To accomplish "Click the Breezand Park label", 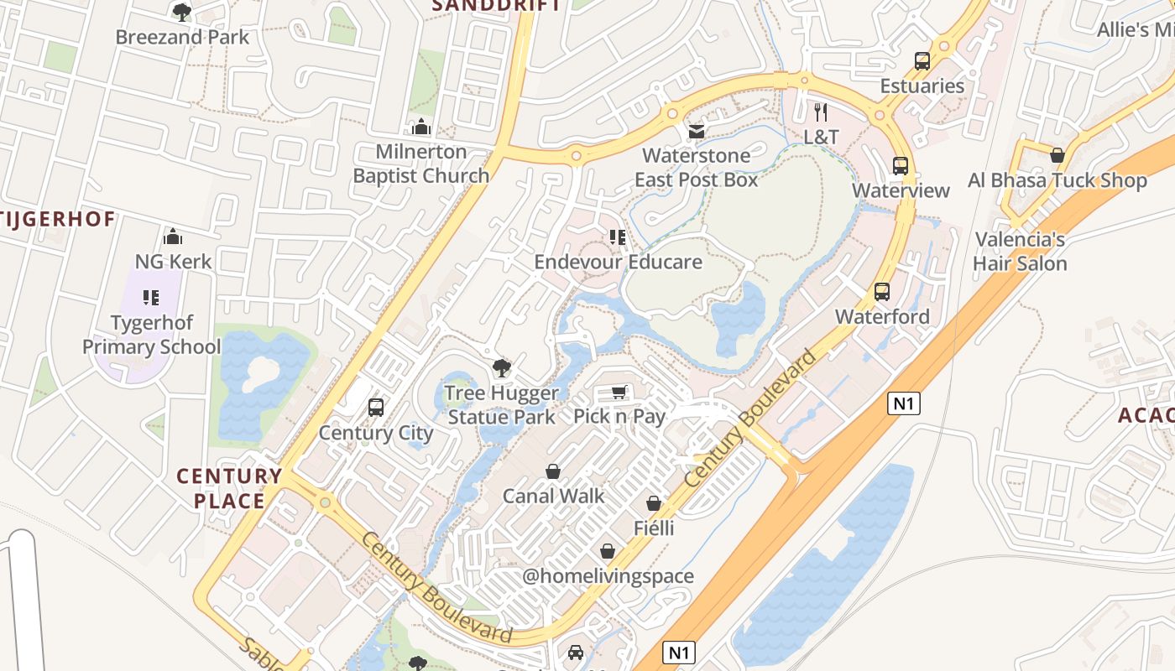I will [x=182, y=37].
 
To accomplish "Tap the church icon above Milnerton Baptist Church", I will [x=421, y=127].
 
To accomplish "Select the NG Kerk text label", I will [x=174, y=261].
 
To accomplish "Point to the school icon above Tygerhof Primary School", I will [x=151, y=297].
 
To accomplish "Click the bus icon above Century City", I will [x=376, y=408].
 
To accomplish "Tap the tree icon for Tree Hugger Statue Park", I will [x=501, y=367].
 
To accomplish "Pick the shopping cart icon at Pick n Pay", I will [x=619, y=392].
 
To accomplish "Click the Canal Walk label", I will [x=553, y=496].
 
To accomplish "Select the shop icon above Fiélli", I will [x=654, y=503].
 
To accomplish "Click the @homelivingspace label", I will [x=608, y=576].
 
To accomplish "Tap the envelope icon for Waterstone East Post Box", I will [x=696, y=131].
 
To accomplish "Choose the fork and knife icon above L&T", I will [x=821, y=111].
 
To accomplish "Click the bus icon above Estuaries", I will [x=922, y=60].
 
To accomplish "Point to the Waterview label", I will [x=901, y=190].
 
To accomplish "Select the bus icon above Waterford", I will [x=882, y=292].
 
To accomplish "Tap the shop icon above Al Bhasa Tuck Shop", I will [x=1057, y=155].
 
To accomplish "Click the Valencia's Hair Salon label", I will [x=1020, y=252].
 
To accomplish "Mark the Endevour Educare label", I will [x=619, y=262].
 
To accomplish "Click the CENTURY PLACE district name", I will [x=229, y=488].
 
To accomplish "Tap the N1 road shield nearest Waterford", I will [x=903, y=403].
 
